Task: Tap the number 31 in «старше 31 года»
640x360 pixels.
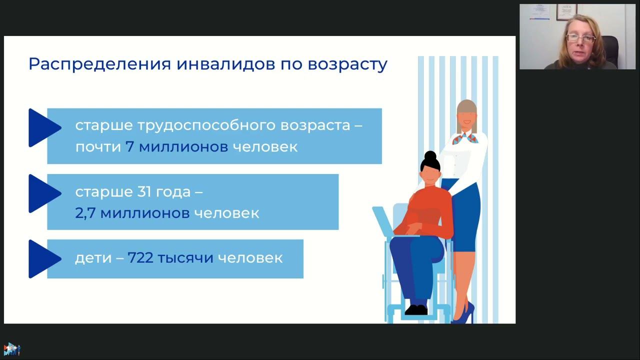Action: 142,191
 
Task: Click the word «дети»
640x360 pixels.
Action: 89,258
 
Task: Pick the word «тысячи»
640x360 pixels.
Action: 185,258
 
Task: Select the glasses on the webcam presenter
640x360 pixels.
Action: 580,38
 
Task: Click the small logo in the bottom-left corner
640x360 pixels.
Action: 11,349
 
